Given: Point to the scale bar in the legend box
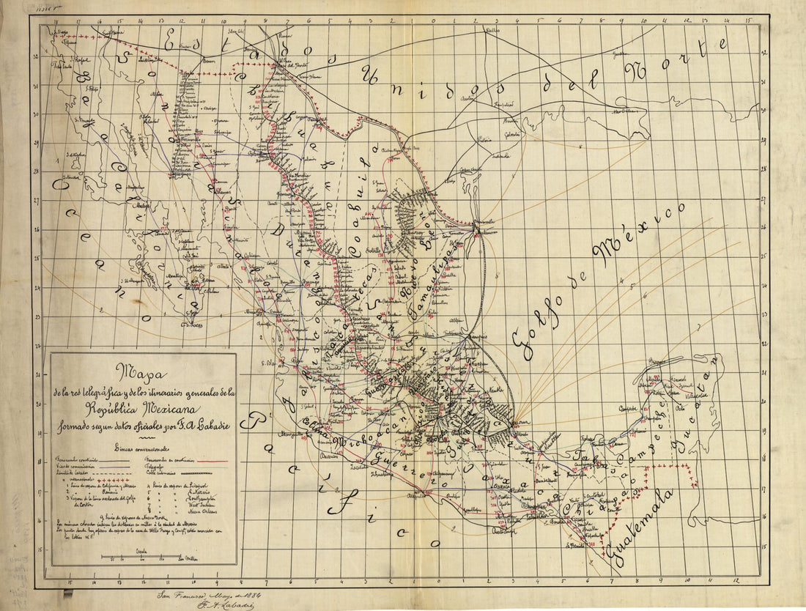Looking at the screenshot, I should (144, 557).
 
